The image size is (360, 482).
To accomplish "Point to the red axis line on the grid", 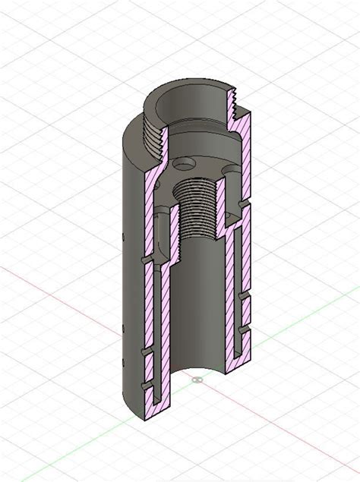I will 46,288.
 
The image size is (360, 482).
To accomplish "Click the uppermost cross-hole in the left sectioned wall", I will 144,260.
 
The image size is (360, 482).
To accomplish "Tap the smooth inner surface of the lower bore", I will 197,304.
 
